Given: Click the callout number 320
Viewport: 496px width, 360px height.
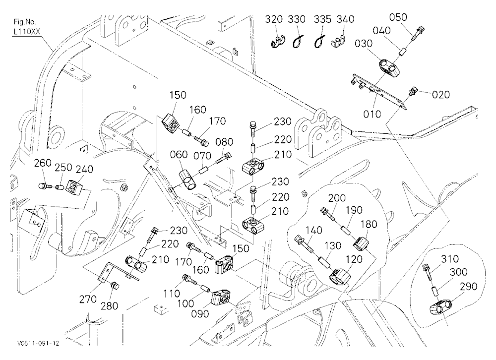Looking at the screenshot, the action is pos(274,20).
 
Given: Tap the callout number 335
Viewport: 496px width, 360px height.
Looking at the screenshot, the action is pos(322,20).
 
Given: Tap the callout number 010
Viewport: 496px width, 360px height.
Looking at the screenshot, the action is pos(372,114).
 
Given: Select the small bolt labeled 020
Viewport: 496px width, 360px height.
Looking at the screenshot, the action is pos(413,91).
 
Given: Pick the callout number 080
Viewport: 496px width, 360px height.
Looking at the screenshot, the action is pos(224,142).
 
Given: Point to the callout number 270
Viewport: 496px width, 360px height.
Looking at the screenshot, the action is pos(88,299).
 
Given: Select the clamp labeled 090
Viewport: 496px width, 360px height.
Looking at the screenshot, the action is pos(221,298).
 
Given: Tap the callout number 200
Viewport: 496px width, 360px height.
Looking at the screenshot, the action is pos(337,198).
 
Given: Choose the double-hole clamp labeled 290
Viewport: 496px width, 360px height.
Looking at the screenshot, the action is pos(440,307).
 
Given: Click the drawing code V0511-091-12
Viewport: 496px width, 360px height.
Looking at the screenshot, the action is pos(39,344).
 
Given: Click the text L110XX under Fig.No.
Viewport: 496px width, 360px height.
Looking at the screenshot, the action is pos(27,32).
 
